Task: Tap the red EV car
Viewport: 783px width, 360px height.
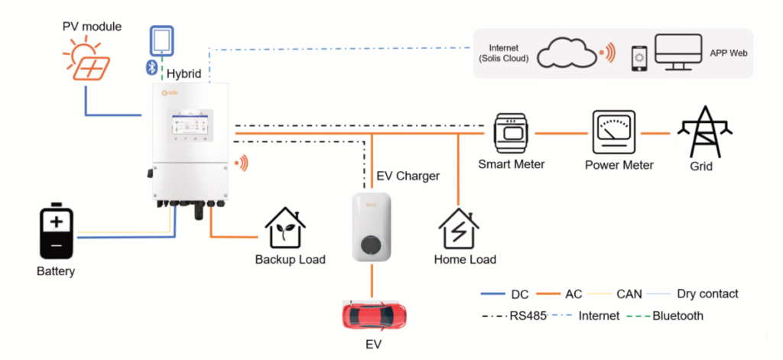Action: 375,315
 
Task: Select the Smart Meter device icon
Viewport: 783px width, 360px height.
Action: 510,133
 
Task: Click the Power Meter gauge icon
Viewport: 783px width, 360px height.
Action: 613,131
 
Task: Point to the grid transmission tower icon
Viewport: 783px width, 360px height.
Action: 704,131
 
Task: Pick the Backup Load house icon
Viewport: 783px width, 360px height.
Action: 285,229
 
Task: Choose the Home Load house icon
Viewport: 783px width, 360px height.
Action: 459,229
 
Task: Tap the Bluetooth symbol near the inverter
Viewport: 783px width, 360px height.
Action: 151,67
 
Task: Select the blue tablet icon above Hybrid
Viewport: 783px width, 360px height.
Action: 162,41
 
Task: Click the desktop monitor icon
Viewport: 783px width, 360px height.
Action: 678,52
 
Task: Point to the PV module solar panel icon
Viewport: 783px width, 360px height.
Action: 86,61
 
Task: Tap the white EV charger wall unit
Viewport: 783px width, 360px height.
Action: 371,227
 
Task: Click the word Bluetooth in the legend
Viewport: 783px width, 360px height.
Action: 677,316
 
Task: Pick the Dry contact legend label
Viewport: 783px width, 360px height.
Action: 707,294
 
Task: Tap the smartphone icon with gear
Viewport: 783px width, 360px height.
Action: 640,59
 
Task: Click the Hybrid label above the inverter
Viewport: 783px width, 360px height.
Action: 184,74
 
